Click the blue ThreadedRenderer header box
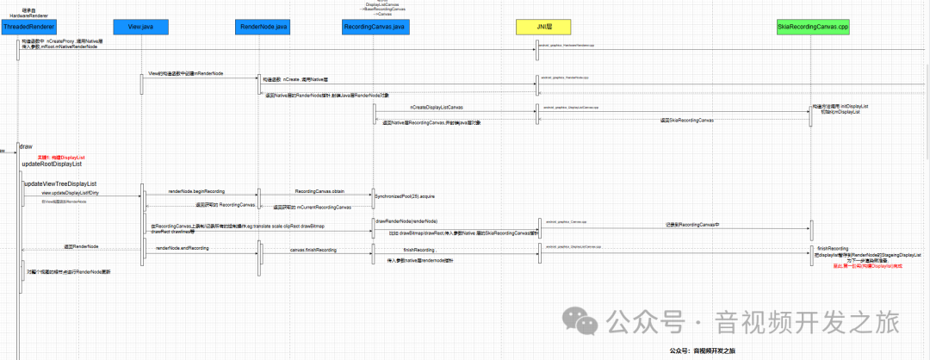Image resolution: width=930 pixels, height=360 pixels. click(28, 28)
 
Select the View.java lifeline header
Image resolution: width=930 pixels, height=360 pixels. click(140, 28)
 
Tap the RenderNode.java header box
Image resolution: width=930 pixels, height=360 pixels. click(257, 28)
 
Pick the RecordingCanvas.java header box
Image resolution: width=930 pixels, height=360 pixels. click(375, 28)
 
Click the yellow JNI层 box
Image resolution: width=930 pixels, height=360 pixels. click(542, 28)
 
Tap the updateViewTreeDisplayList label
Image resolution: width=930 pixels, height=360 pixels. click(60, 183)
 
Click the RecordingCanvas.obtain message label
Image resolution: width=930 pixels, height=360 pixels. click(319, 191)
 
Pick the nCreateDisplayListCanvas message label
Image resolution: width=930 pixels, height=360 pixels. click(437, 108)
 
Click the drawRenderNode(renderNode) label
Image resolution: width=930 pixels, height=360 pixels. click(406, 221)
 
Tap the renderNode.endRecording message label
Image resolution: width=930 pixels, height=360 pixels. click(182, 248)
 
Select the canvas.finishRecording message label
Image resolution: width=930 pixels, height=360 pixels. click(312, 250)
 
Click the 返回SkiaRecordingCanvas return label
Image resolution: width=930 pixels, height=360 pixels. click(686, 121)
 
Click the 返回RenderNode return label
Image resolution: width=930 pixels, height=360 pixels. click(81, 247)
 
